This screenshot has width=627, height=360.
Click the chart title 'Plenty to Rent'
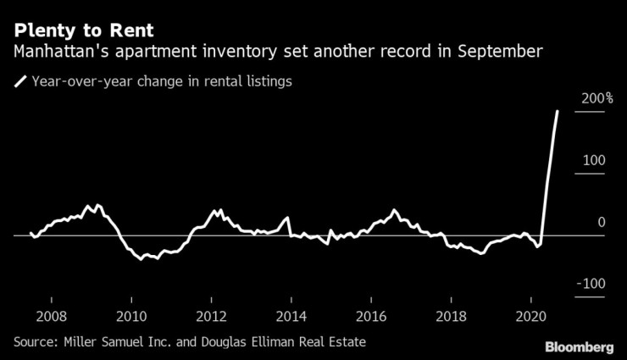[84, 30]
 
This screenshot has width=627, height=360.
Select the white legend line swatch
[19, 82]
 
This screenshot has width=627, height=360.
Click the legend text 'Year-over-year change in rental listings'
[161, 82]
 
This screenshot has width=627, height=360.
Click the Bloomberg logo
[578, 346]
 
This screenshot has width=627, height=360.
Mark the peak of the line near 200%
[558, 111]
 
